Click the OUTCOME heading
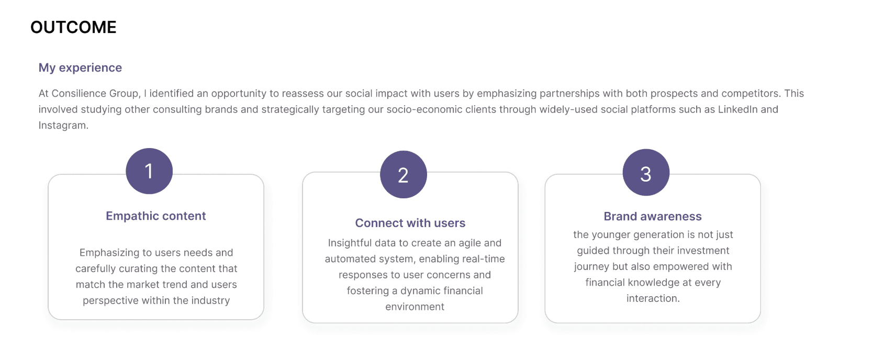73,27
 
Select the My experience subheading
80,67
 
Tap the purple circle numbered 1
149,171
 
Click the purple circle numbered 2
403,175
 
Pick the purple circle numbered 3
646,173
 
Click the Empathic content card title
155,216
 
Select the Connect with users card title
410,223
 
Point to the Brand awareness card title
652,217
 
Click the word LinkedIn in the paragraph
737,109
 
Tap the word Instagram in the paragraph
62,126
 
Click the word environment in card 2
415,307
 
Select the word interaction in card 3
652,298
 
